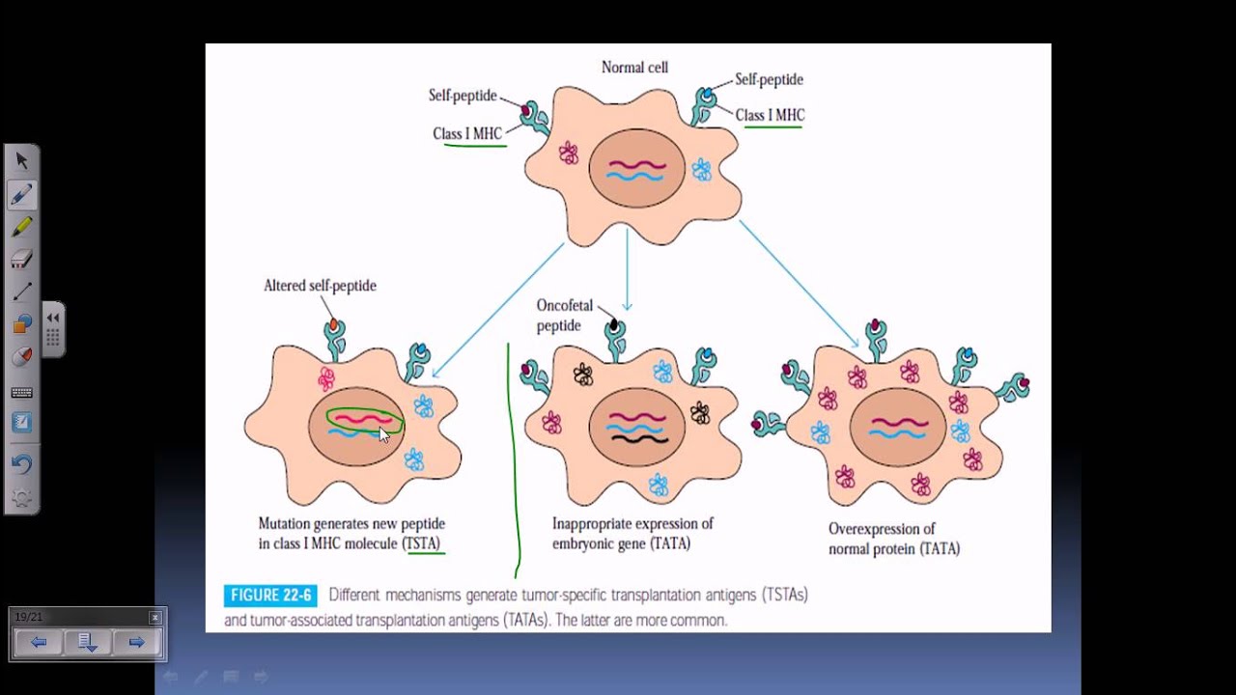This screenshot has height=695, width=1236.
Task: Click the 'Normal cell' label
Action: point(634,68)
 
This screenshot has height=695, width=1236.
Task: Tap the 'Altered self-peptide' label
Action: point(320,286)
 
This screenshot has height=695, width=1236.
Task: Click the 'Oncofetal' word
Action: point(565,305)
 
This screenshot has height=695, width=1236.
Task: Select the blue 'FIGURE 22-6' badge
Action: point(270,596)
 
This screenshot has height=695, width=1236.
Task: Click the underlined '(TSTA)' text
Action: point(422,543)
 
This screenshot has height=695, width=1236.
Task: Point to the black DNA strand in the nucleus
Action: point(639,439)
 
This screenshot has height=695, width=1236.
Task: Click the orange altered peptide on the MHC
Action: point(333,324)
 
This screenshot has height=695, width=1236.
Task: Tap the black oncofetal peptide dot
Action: point(613,325)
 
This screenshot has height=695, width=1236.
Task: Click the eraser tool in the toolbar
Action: point(21,260)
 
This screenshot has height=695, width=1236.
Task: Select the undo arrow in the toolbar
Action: point(21,464)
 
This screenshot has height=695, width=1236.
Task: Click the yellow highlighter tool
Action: point(21,227)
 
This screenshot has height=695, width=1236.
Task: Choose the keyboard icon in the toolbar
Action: point(21,392)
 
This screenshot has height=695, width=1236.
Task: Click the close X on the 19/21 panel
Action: point(155,617)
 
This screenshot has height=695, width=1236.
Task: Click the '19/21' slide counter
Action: point(29,617)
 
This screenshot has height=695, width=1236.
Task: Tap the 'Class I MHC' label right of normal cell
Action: point(770,115)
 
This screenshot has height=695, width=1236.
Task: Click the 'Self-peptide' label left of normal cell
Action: point(463,96)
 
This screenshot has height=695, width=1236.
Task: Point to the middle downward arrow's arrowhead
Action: point(627,307)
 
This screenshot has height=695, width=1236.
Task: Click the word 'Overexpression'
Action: point(882,529)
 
